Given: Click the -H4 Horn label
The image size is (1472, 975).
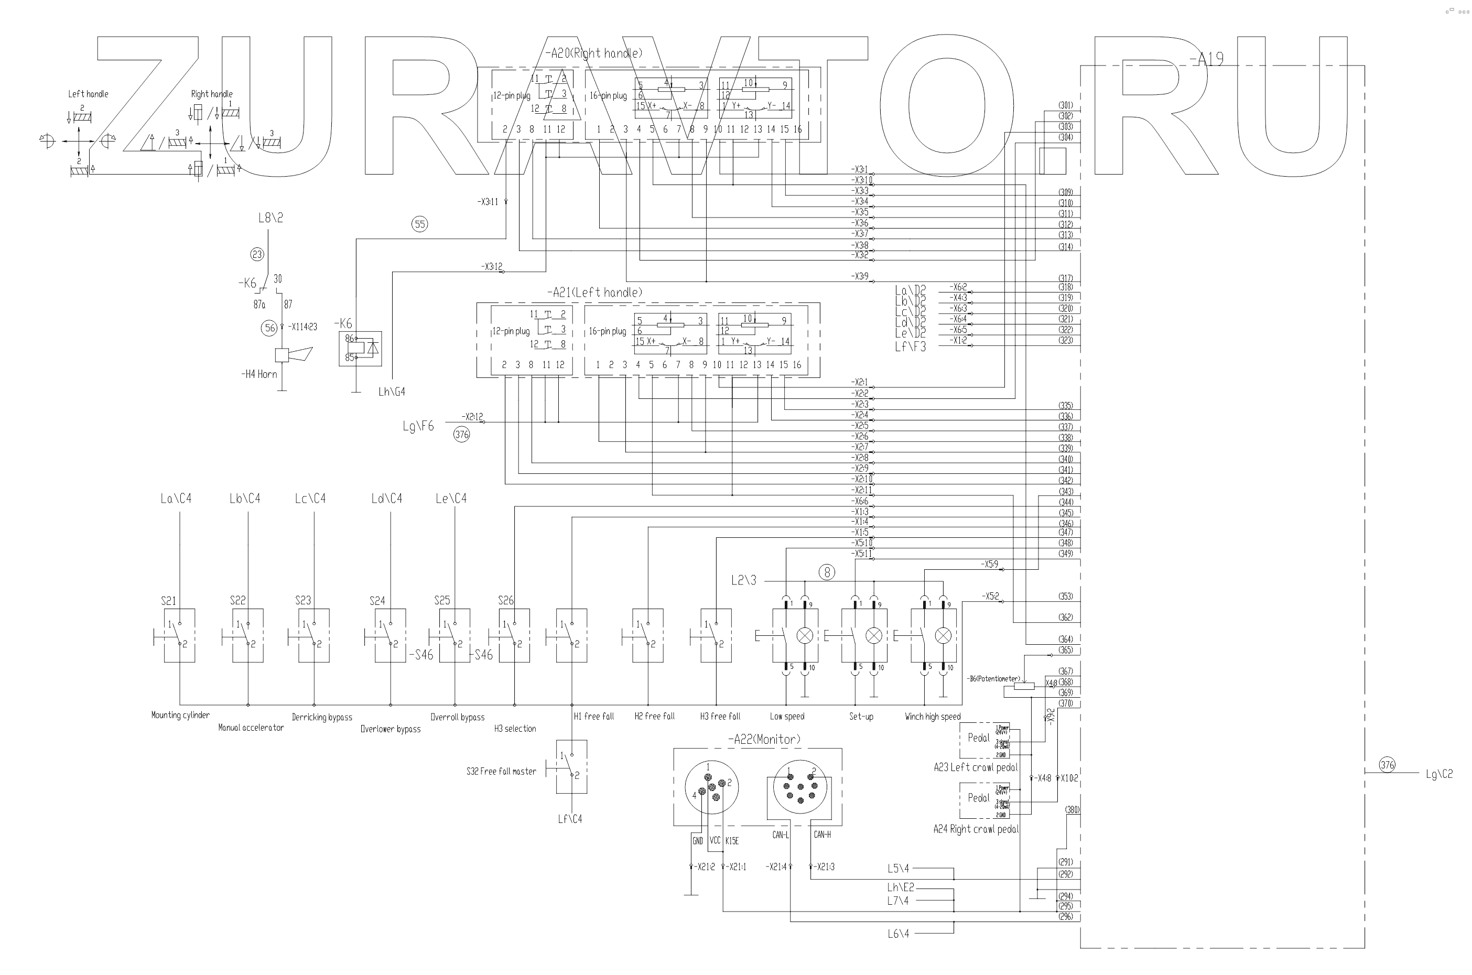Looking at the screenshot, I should pos(259,374).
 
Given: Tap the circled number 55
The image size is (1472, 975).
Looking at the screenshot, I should pos(420,224).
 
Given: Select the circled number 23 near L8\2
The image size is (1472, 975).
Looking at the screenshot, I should pos(257,254).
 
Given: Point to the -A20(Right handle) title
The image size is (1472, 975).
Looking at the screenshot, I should pos(593,53).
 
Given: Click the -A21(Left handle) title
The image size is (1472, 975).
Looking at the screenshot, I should pos(594,292).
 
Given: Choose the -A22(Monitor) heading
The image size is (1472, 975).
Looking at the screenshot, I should pos(764,739).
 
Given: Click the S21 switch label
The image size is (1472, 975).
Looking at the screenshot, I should pos(168,601).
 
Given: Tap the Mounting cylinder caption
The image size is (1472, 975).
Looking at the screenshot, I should pos(180,715).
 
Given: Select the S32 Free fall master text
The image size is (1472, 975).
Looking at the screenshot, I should pos(501,771).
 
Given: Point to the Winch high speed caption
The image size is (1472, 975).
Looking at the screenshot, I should pos(932,717).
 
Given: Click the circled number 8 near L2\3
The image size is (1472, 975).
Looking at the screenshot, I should pos(827,572).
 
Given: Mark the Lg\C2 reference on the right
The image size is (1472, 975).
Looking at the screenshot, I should pos(1439,774).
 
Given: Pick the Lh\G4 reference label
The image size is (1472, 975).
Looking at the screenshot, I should pos(392,392).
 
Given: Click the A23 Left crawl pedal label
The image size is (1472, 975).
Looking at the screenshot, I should pos(975,767).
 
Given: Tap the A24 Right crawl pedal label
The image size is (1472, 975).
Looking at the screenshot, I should pos(976,829).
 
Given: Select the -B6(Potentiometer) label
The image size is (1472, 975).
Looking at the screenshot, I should pos(993,678).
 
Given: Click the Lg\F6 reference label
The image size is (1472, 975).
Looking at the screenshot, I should pos(418,426).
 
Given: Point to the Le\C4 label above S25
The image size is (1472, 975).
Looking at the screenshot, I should pos(451,499).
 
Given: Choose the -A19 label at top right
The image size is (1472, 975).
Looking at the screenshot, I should pos(1206,59).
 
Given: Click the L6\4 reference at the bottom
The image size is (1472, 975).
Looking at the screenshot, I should pos(898,934).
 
